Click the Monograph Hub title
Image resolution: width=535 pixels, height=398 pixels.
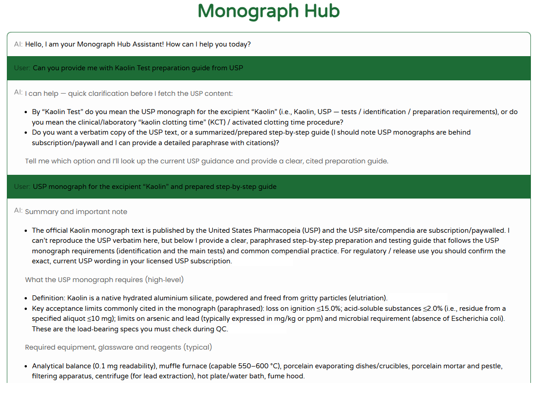(269, 11)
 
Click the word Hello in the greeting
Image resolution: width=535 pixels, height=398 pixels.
(35, 44)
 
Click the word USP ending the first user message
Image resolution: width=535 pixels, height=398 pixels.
(236, 68)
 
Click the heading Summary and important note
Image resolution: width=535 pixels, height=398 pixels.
(76, 212)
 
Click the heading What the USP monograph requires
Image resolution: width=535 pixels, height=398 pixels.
(104, 279)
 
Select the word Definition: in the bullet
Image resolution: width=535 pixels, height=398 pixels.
(48, 298)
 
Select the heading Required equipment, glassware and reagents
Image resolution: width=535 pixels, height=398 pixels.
(118, 347)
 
